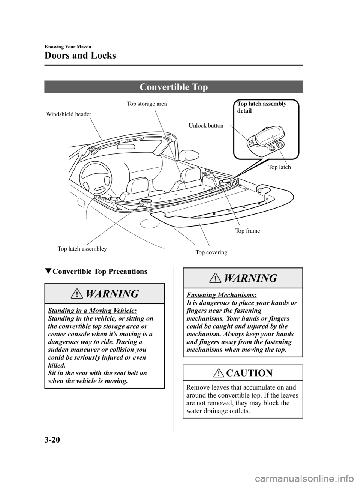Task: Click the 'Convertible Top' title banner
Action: click(x=174, y=87)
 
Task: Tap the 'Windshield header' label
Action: click(x=69, y=114)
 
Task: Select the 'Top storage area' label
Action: click(x=147, y=104)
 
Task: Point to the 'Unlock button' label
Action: click(x=205, y=126)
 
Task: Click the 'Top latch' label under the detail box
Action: click(x=279, y=167)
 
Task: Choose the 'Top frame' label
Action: click(x=247, y=231)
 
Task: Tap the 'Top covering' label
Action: click(x=211, y=252)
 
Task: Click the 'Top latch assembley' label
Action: click(x=82, y=249)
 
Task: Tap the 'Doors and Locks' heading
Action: click(x=80, y=56)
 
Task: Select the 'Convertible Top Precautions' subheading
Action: click(x=99, y=271)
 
